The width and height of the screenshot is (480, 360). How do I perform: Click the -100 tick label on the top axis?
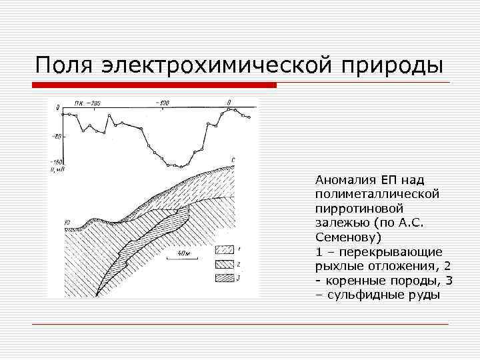click(x=162, y=103)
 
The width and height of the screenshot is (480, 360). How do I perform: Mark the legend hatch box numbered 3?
click(x=224, y=277)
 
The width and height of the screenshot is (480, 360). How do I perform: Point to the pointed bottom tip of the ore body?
click(x=98, y=295)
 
